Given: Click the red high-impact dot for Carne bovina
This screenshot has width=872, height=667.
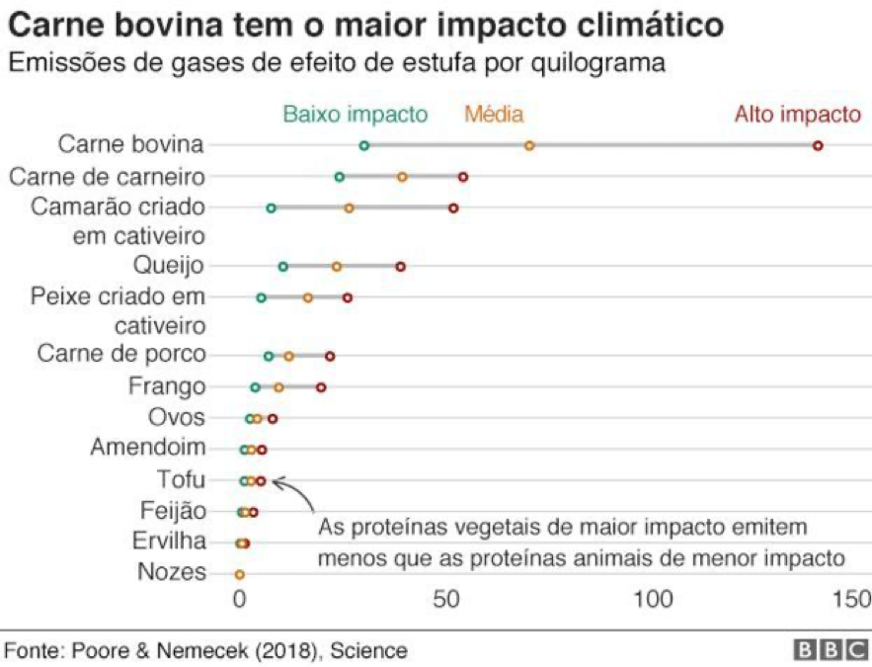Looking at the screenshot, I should click(818, 145).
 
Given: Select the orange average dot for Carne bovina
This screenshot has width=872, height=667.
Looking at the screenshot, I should click(529, 145).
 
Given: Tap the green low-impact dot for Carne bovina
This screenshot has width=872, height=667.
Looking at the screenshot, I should click(364, 145).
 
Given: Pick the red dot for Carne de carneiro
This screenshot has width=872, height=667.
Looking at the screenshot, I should click(463, 177).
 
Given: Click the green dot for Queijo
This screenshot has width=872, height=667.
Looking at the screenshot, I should click(283, 267).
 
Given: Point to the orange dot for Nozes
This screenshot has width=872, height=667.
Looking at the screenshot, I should click(239, 574).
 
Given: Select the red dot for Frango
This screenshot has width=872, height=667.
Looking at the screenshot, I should click(321, 387).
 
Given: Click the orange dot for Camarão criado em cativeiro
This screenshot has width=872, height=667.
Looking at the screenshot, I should click(349, 208).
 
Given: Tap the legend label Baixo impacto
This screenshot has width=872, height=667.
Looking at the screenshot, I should click(355, 114).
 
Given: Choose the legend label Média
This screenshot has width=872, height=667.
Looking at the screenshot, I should click(494, 114).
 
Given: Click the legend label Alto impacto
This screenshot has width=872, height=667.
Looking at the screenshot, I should click(797, 114).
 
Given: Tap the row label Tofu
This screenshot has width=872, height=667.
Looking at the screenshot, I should click(181, 480).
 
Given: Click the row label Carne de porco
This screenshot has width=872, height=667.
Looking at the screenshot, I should click(121, 354).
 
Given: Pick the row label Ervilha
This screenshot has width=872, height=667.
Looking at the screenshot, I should click(170, 542).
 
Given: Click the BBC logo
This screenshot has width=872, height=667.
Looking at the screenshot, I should click(828, 650).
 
